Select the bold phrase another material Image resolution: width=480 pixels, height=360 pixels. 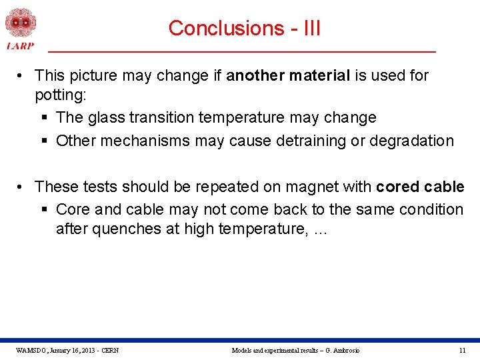point(288,75)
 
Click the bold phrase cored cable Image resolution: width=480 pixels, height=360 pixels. point(420,186)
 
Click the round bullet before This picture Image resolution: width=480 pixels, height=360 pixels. point(23,76)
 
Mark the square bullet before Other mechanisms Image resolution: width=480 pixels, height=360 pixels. point(44,141)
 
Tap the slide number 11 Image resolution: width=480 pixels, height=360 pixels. point(462,350)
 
